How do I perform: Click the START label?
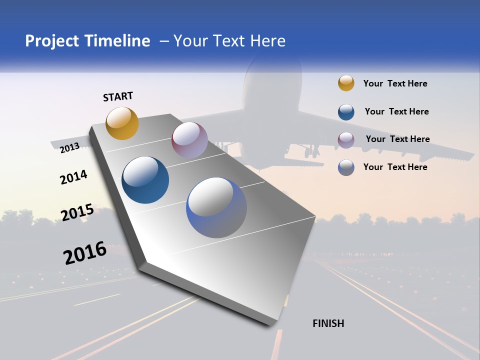tap(118, 96)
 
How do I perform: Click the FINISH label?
tap(328, 323)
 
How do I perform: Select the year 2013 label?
tap(69, 147)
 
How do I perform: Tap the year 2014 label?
tap(73, 177)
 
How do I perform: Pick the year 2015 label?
tap(77, 212)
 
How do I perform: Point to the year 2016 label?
tap(85, 253)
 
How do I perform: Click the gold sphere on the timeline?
tap(122, 123)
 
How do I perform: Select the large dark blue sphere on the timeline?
tap(145, 180)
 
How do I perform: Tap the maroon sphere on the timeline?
tap(189, 140)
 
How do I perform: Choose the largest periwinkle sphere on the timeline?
tap(216, 207)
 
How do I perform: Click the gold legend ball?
tap(346, 83)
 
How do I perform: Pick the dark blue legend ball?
tap(346, 112)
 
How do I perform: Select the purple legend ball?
tap(346, 139)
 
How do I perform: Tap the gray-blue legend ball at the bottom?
tap(346, 167)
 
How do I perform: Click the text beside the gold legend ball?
tap(395, 83)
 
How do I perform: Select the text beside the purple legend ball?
tap(397, 139)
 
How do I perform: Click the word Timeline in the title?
tap(117, 41)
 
